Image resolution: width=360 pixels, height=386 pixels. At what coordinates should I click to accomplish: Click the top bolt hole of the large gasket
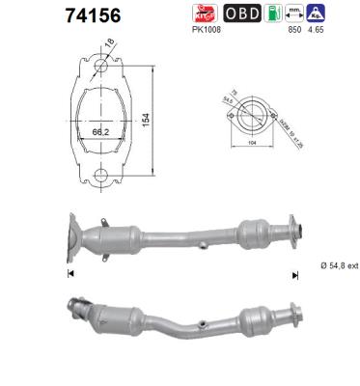98,67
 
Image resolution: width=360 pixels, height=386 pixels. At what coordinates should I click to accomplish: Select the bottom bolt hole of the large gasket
98,175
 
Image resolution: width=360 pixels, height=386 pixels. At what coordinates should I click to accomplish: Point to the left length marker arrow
69,273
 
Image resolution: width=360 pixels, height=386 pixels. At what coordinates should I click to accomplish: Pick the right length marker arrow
295,273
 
